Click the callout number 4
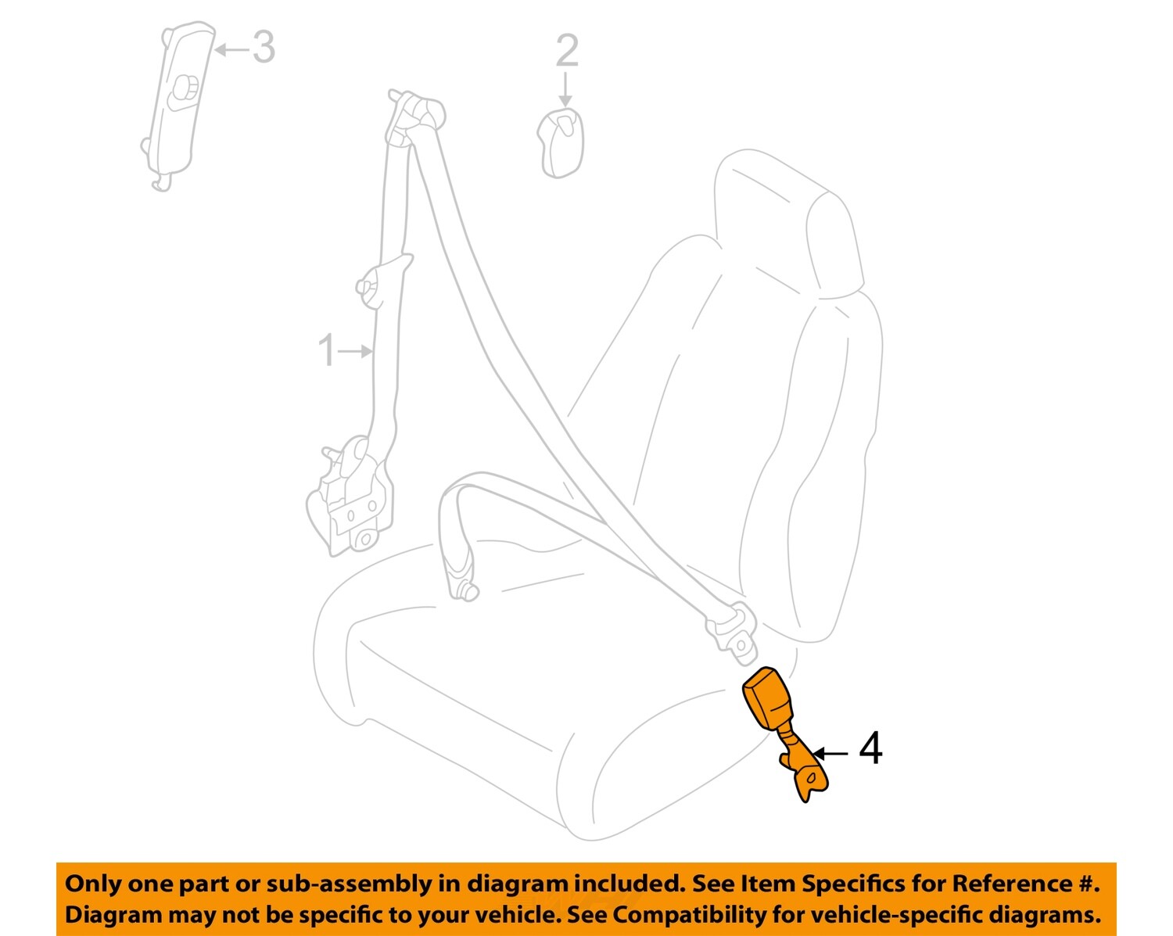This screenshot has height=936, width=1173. click(870, 748)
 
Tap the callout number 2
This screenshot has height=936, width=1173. click(567, 51)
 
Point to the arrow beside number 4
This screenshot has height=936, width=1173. click(830, 753)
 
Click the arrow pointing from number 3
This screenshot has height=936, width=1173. click(231, 50)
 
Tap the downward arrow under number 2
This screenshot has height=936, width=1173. click(565, 88)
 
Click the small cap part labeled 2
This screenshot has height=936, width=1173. click(561, 142)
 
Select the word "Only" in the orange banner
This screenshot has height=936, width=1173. click(92, 884)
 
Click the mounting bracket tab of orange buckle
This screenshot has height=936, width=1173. click(809, 778)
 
